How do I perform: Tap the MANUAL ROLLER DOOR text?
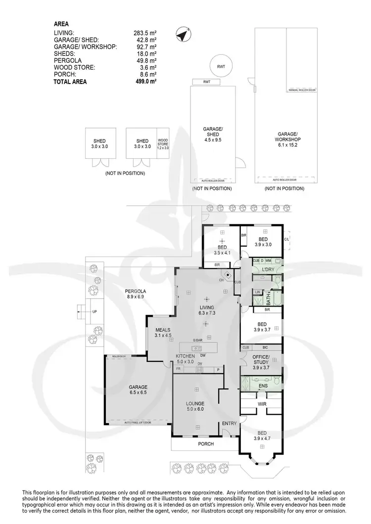coord(302,90)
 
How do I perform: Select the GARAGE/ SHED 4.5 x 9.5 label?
coord(213,135)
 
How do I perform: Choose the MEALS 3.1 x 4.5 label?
coord(163,332)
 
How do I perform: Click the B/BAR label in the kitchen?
coord(198,341)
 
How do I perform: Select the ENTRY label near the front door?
coord(230,424)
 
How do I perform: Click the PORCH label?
coord(206,444)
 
